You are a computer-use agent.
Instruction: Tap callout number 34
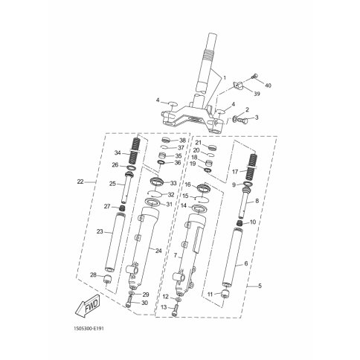coord(117,153)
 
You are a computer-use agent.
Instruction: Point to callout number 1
coord(223,77)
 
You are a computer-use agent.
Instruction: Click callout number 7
coord(176,254)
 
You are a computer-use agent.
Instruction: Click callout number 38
coord(183,140)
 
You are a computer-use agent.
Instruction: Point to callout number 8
coord(257,201)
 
